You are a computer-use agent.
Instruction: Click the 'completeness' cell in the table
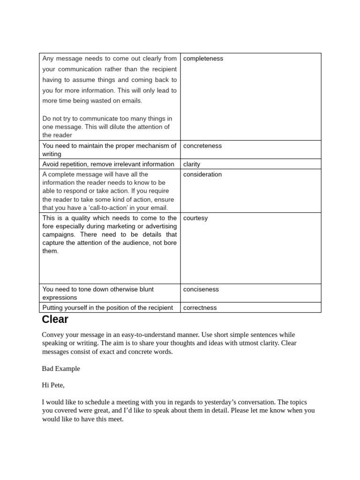pyautogui.click(x=203, y=59)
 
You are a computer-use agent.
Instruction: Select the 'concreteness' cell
pyautogui.click(x=202, y=146)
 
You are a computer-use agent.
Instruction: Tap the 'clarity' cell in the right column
pyautogui.click(x=192, y=164)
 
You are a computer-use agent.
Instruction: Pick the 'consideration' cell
pyautogui.click(x=202, y=174)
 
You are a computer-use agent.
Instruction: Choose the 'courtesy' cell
pyautogui.click(x=195, y=218)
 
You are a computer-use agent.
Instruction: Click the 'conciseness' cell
pyautogui.click(x=201, y=289)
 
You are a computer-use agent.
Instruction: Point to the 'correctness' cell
pyautogui.click(x=200, y=308)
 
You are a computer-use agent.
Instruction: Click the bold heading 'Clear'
pyautogui.click(x=55, y=320)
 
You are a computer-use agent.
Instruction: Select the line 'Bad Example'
pyautogui.click(x=61, y=368)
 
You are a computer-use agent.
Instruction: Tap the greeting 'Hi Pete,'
pyautogui.click(x=53, y=385)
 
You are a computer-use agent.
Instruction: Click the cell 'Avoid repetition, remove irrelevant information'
pyautogui.click(x=108, y=164)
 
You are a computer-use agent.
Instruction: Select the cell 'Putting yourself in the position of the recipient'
pyautogui.click(x=108, y=308)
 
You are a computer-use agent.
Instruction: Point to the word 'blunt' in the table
pyautogui.click(x=144, y=289)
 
